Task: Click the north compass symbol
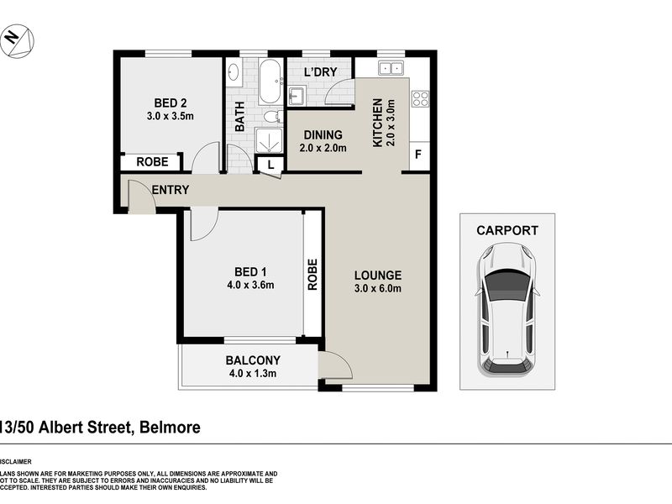coord(15,39)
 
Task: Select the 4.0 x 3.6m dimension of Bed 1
coord(251,285)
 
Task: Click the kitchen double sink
coord(391,69)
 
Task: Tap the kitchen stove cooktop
coord(419,99)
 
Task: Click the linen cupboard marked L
coord(270,165)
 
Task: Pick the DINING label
coord(323,134)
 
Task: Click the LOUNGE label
coord(377,275)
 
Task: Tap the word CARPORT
coord(507,230)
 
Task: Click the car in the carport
coord(507,307)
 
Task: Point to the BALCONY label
coord(252,360)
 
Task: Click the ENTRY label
coord(171,190)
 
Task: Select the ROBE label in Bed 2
coord(159,162)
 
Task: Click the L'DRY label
coord(320,72)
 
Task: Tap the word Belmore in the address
coord(168,428)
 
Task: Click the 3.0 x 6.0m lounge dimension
coord(377,290)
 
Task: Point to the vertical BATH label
coord(239,117)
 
